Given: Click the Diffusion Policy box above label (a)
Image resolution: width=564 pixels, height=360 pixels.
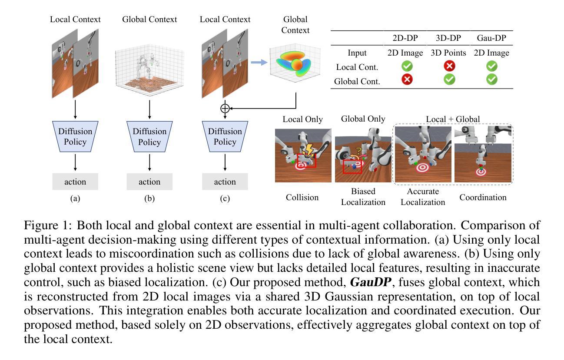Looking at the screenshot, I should [x=75, y=136].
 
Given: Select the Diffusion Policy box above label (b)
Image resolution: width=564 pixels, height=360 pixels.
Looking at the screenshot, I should [x=149, y=136].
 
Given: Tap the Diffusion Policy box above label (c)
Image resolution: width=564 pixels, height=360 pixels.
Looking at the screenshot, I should [x=225, y=136].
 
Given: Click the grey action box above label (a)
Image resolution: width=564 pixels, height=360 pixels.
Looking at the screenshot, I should [x=75, y=182].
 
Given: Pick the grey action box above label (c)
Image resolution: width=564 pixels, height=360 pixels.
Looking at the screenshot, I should [x=225, y=182].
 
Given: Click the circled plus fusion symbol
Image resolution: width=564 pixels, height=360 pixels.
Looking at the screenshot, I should [x=225, y=108].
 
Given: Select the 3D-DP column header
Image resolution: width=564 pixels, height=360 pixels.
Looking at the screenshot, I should [x=448, y=38].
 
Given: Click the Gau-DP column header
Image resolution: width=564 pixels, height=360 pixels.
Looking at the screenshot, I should [x=491, y=38].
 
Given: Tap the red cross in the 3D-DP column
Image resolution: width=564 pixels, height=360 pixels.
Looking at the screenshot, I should [x=448, y=66].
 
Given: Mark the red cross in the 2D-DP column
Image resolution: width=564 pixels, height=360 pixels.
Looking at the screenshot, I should [x=407, y=79].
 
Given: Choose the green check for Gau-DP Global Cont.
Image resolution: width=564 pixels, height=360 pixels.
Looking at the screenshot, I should [x=491, y=79].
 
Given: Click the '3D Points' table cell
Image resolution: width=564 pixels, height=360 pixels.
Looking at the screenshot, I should [x=448, y=53].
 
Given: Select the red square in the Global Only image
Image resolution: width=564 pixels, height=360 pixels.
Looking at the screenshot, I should [x=352, y=166].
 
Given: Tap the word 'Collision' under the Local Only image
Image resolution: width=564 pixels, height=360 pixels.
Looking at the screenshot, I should [x=302, y=198].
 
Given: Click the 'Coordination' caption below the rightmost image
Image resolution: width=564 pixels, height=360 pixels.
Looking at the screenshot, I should [x=483, y=198].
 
